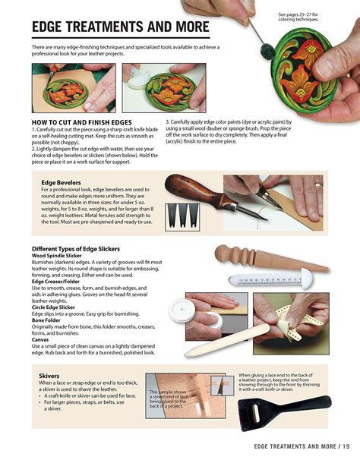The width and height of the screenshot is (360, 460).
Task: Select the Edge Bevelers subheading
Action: coord(62,182)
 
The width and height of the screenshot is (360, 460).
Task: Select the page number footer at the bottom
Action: coord(297,446)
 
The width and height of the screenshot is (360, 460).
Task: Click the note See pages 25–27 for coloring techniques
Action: coord(298,17)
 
